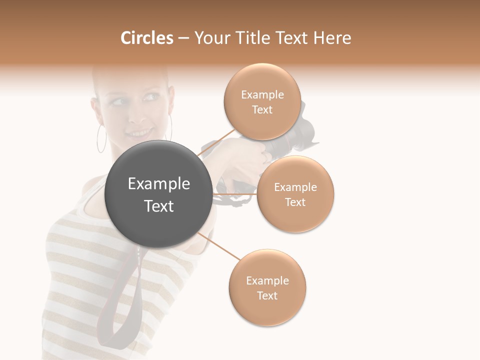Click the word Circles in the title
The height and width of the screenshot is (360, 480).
tap(146, 38)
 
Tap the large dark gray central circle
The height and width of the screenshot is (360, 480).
tap(158, 194)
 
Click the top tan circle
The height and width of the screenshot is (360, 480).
tap(262, 102)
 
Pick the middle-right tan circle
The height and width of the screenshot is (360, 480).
tap(295, 194)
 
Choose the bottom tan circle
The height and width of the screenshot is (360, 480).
tap(267, 288)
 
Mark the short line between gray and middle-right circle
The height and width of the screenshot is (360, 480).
tap(235, 194)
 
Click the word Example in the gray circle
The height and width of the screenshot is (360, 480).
tap(158, 184)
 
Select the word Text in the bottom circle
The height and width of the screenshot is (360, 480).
tap(267, 295)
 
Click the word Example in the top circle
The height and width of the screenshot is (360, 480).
tap(262, 94)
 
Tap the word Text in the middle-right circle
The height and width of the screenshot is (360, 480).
tap(295, 202)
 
